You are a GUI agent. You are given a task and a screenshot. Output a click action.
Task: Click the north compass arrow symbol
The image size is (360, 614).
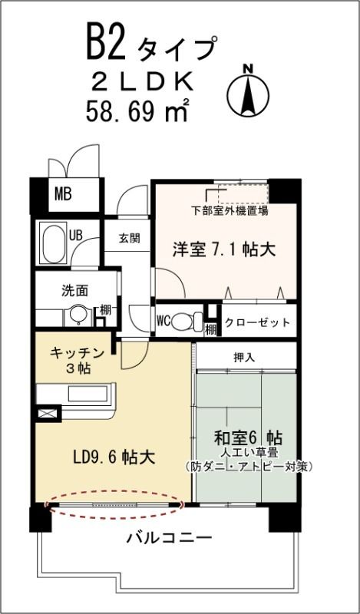247,94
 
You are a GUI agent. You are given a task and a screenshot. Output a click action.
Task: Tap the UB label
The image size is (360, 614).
76,235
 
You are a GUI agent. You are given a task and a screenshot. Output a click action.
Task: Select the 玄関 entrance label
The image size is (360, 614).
129,237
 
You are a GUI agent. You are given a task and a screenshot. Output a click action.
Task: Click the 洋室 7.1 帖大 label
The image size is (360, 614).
223,250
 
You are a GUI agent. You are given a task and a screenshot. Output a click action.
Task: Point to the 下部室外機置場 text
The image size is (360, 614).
230,209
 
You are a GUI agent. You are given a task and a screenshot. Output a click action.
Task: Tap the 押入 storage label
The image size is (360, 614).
243,357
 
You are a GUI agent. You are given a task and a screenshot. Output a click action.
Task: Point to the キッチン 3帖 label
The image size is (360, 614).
77,359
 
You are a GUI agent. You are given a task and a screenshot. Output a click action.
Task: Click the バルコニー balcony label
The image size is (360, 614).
169,538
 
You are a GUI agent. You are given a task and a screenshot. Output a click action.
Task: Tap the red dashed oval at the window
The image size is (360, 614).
115,504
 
